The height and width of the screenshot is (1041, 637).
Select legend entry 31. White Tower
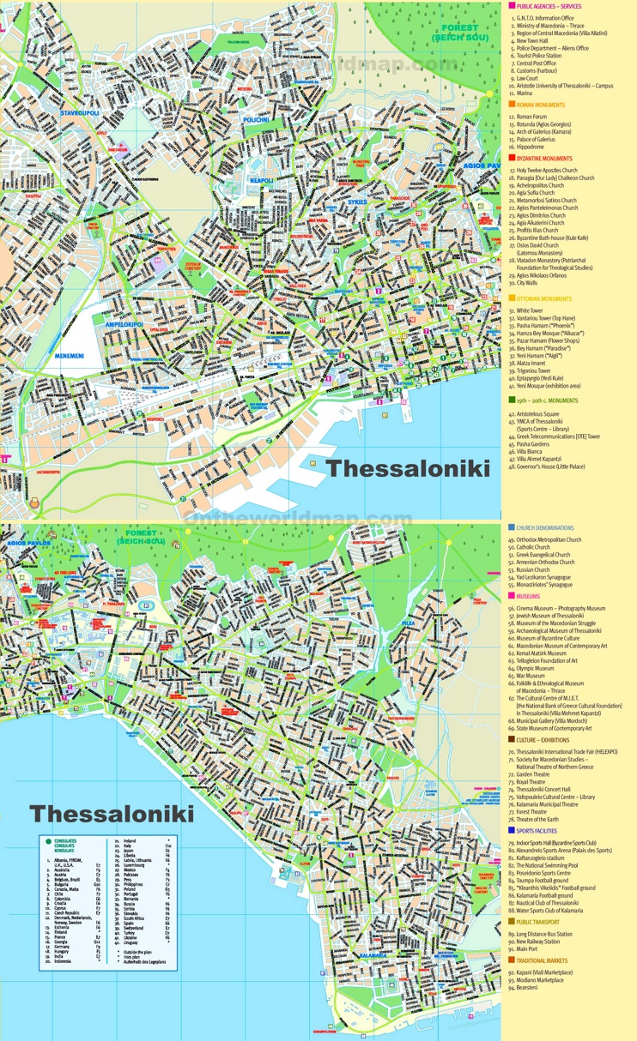531,310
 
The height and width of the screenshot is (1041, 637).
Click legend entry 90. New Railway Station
542,942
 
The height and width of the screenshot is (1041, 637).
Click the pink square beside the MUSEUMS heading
511,595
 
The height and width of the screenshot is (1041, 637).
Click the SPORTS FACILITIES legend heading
543,831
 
